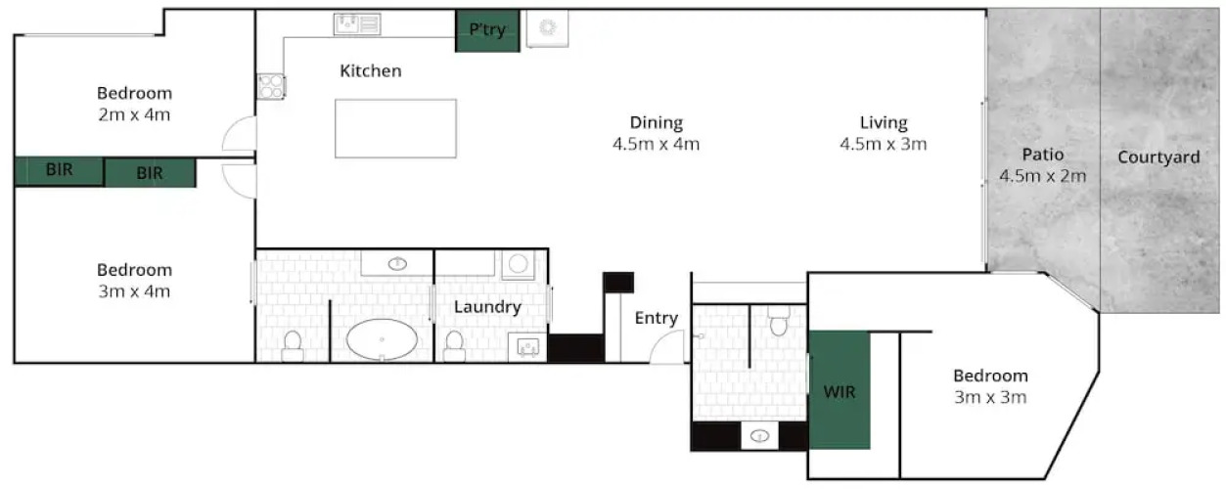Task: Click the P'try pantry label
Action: [487, 29]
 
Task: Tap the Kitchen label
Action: [371, 71]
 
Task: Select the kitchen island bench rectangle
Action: [395, 128]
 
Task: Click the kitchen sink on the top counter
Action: [357, 24]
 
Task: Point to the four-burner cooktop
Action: [271, 86]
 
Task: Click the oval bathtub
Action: [382, 339]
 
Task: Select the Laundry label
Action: [487, 307]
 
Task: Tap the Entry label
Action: [657, 319]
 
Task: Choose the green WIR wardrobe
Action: [840, 390]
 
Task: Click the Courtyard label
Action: [1158, 157]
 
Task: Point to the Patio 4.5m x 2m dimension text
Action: [1043, 176]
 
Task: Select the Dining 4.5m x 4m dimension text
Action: [656, 144]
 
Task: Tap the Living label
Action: [884, 122]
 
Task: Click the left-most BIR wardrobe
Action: [59, 171]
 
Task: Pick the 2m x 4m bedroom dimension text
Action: [134, 114]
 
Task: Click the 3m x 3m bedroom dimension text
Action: [990, 397]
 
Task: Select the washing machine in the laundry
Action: [518, 265]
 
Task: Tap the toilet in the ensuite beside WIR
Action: [778, 321]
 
